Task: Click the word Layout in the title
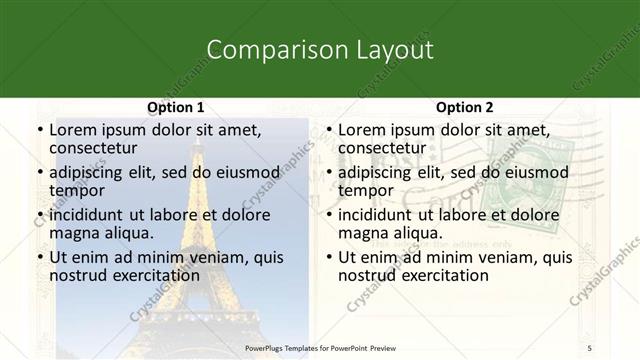pyautogui.click(x=395, y=50)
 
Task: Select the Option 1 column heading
pyautogui.click(x=175, y=107)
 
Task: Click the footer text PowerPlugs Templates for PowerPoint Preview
pyautogui.click(x=320, y=348)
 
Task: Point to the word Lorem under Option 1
pyautogui.click(x=73, y=130)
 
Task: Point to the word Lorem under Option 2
pyautogui.click(x=362, y=130)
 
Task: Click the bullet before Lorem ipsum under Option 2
pyautogui.click(x=328, y=130)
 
